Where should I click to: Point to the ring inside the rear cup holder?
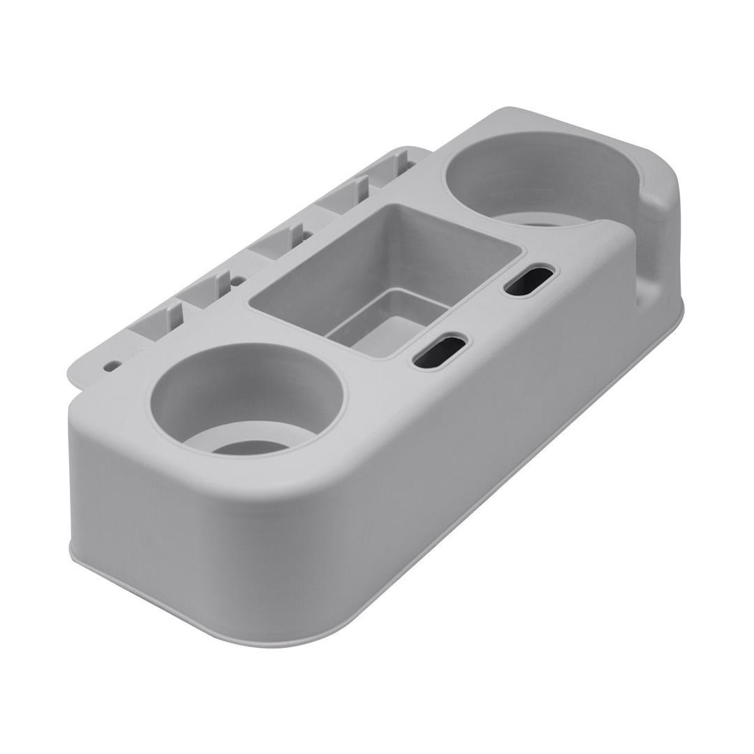click(552, 220)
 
